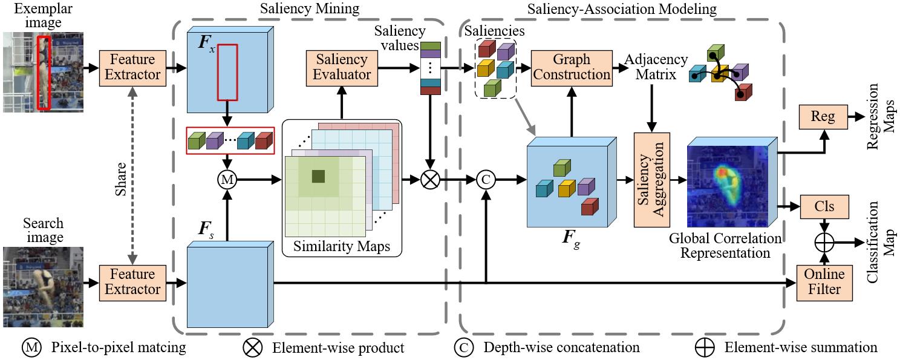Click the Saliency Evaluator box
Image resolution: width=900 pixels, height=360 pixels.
pos(341,67)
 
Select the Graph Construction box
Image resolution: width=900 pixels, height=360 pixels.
pos(572,67)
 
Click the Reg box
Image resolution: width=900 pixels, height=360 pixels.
pos(823,117)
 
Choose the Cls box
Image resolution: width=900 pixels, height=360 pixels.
pos(824,206)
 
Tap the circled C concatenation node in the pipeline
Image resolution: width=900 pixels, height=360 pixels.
pos(485,180)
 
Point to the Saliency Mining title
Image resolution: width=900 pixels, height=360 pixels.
pos(309,9)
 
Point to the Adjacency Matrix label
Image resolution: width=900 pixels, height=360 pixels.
pos(656,67)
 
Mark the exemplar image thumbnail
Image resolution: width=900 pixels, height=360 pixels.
pos(42,73)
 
